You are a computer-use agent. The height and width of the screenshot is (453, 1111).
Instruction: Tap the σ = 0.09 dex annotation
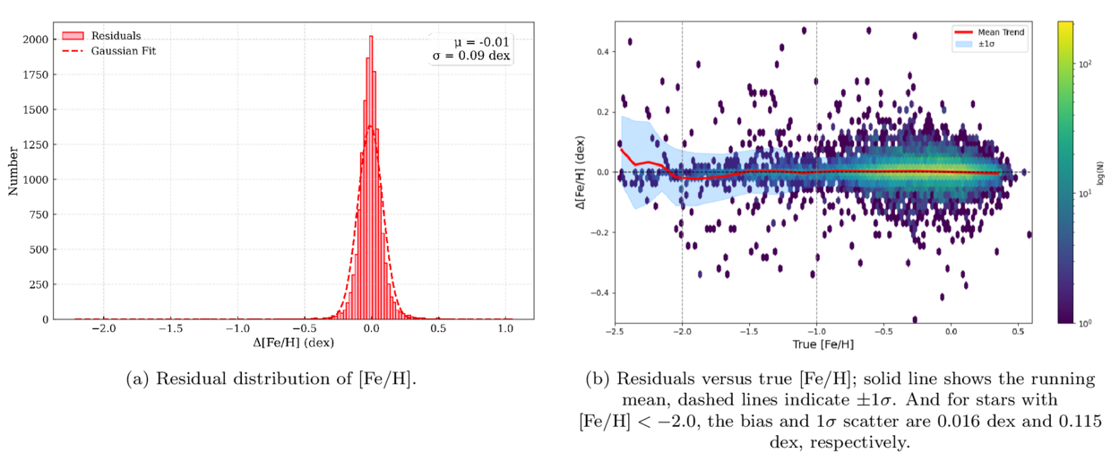(x=472, y=57)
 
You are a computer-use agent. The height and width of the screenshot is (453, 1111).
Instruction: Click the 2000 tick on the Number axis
(x=54, y=39)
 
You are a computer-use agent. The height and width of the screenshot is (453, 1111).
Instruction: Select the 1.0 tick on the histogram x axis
(x=505, y=329)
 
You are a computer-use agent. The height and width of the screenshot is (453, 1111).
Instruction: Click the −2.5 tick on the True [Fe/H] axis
(x=616, y=331)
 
